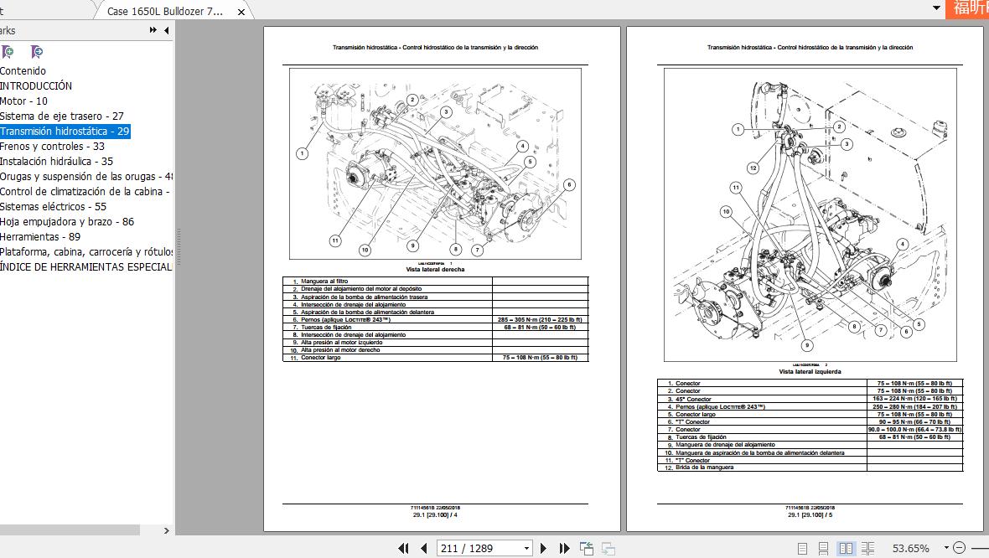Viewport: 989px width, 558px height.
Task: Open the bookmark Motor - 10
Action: pyautogui.click(x=23, y=101)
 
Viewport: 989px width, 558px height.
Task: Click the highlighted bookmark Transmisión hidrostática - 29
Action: pyautogui.click(x=65, y=132)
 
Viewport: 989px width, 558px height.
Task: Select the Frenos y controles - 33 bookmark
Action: pyautogui.click(x=52, y=147)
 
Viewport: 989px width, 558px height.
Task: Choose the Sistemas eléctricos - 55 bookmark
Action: pyautogui.click(x=53, y=207)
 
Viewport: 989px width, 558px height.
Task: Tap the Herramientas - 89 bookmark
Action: pyautogui.click(x=40, y=237)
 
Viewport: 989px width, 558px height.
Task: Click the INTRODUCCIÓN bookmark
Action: pyautogui.click(x=36, y=86)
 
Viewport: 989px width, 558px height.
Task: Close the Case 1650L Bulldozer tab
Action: pyautogui.click(x=241, y=12)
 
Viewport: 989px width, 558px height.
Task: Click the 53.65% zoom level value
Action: pyautogui.click(x=910, y=548)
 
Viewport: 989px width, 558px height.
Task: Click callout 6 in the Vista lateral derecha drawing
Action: pyautogui.click(x=569, y=185)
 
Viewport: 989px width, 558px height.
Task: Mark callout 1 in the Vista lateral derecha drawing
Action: pyautogui.click(x=302, y=153)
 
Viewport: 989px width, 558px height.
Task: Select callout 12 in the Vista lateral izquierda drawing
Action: pyautogui.click(x=753, y=168)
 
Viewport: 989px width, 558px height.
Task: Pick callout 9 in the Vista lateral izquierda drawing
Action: pyautogui.click(x=806, y=345)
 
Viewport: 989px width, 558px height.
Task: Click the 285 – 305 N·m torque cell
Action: pyautogui.click(x=540, y=320)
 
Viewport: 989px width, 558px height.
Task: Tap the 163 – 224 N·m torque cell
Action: pyautogui.click(x=914, y=400)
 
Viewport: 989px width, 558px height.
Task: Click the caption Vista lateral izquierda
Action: pyautogui.click(x=810, y=371)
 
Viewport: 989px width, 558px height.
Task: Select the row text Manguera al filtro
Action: pyautogui.click(x=324, y=282)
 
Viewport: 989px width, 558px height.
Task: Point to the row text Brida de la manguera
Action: pyautogui.click(x=704, y=468)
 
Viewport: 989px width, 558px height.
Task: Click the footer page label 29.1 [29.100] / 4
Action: pyautogui.click(x=434, y=514)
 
